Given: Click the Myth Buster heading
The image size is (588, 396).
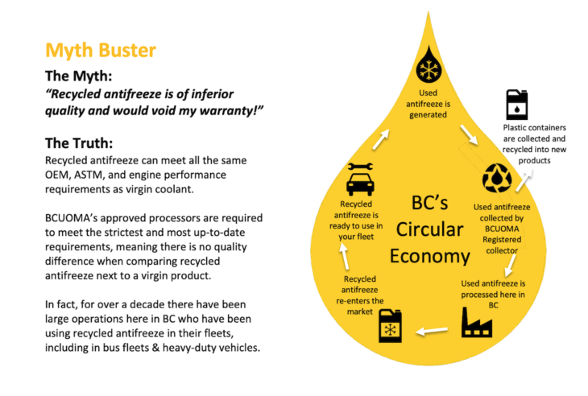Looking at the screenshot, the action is [x=101, y=51].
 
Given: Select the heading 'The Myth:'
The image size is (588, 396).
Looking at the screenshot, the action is [x=78, y=76].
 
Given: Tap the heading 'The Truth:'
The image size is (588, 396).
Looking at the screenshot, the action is [x=79, y=143].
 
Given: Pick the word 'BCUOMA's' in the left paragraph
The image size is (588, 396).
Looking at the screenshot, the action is [x=71, y=218].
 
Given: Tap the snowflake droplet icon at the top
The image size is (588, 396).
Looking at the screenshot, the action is [x=429, y=64].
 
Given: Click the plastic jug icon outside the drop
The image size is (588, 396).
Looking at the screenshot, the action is [x=517, y=105].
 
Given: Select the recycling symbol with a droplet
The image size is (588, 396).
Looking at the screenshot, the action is [x=497, y=178].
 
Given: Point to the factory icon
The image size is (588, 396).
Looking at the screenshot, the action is [x=477, y=323].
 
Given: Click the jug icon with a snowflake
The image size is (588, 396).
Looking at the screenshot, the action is [x=391, y=325].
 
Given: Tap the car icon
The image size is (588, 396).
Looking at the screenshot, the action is [x=360, y=184].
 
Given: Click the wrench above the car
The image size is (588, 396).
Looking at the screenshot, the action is [x=360, y=167].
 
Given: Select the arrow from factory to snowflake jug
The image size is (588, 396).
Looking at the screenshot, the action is [x=432, y=331].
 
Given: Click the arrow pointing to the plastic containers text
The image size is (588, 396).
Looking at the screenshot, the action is [x=524, y=181].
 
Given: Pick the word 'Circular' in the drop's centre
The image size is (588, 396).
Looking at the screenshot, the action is [x=430, y=229].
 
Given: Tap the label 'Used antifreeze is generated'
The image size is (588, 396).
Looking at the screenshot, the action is [x=429, y=104].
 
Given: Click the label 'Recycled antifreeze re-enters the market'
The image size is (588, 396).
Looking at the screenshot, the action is [x=359, y=295].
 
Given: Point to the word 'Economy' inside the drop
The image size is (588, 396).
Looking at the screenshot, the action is [x=430, y=256].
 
